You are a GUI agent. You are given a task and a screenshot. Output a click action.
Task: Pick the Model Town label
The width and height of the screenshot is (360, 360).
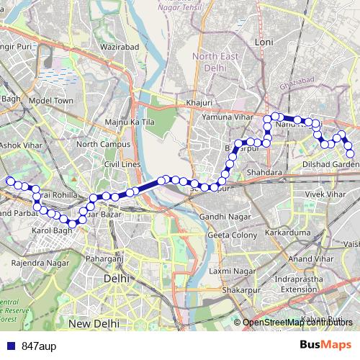[x=52, y=101]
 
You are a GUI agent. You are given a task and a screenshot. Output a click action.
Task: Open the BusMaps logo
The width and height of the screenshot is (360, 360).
[x=325, y=346]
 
